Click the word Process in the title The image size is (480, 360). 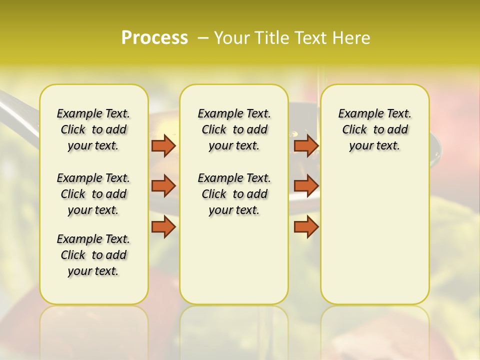click(154, 38)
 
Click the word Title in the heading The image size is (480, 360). click(271, 38)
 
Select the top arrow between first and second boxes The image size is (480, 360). click(163, 145)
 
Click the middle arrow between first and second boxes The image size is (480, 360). click(163, 186)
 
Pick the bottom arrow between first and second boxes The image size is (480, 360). click(163, 227)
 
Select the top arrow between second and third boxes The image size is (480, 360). click(306, 145)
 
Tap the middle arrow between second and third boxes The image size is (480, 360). click(306, 186)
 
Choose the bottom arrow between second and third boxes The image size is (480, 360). click(306, 227)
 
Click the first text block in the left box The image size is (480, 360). click(93, 129)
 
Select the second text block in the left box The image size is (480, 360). click(93, 194)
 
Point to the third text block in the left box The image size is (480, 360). click(93, 255)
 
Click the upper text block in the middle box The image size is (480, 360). click(234, 129)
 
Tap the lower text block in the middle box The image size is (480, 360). click(234, 194)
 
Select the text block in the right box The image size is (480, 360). click(374, 129)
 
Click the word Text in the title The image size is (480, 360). click(311, 38)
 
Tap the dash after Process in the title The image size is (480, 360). click(203, 38)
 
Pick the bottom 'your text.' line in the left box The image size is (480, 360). click(93, 271)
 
